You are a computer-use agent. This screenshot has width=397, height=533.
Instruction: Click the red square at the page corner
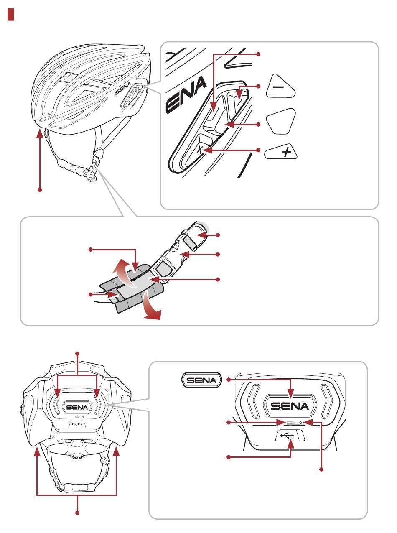click(x=10, y=14)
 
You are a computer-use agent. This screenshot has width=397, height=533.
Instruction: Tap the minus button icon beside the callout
click(x=280, y=86)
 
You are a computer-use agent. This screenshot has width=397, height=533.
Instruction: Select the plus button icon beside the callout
click(x=281, y=151)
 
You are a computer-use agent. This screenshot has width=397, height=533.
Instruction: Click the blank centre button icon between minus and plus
click(x=281, y=121)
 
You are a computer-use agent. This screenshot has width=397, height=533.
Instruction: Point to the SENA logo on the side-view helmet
click(x=123, y=88)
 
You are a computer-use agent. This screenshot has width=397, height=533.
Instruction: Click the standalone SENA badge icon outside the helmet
click(x=201, y=380)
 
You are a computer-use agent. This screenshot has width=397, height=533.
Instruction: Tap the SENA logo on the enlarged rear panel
click(x=290, y=406)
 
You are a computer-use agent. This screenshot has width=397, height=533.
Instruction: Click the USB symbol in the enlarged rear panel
click(x=287, y=436)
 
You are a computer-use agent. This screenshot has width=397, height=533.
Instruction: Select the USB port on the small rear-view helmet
click(x=76, y=423)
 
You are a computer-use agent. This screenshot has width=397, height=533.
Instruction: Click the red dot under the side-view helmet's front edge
click(x=40, y=190)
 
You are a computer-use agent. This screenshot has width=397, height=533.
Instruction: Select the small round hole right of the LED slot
click(x=300, y=422)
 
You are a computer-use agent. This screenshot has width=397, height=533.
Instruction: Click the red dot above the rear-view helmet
click(x=77, y=353)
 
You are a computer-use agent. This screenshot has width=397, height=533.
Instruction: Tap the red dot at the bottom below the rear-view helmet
click(x=77, y=513)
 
